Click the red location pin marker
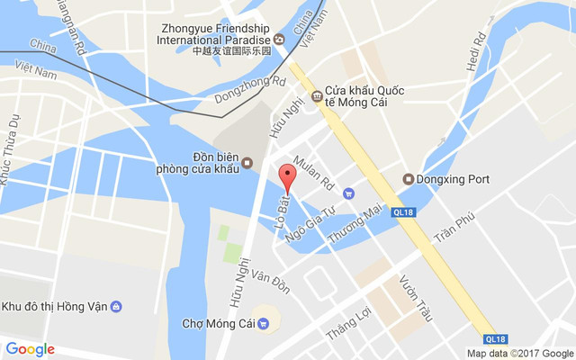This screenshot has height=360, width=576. (287, 178)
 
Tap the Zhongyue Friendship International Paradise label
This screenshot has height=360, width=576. (212, 34)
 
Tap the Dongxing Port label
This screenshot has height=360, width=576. (453, 179)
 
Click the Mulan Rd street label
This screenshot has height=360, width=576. (314, 174)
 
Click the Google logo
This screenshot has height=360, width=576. (31, 349)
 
